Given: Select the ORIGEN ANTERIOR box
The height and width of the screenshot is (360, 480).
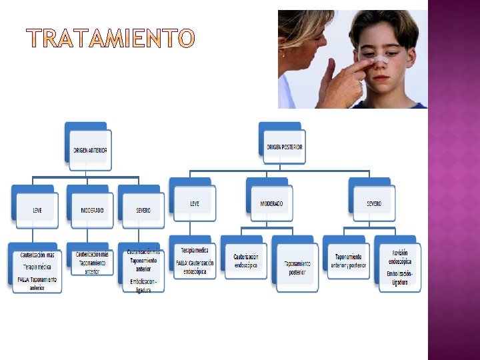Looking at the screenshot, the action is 90,149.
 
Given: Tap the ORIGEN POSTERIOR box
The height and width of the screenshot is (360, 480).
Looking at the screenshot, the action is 285,147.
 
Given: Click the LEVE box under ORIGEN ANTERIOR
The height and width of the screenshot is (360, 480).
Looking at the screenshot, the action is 37,210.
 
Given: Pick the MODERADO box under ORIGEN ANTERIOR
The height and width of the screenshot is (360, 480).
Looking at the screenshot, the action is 92,210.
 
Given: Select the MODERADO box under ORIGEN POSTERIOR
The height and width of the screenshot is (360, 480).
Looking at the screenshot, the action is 271,203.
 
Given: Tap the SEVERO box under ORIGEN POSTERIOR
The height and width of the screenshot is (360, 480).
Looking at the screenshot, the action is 374,203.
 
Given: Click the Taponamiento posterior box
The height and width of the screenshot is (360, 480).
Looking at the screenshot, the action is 297,268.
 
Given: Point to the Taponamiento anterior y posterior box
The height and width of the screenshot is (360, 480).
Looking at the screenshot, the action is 348,261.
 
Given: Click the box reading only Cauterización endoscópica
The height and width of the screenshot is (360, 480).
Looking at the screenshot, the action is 246,261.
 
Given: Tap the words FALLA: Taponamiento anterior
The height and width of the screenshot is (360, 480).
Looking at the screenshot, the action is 37,284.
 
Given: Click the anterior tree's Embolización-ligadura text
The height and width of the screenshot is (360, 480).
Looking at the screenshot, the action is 143,285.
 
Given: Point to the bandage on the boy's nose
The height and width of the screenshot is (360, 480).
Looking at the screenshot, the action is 381,61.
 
